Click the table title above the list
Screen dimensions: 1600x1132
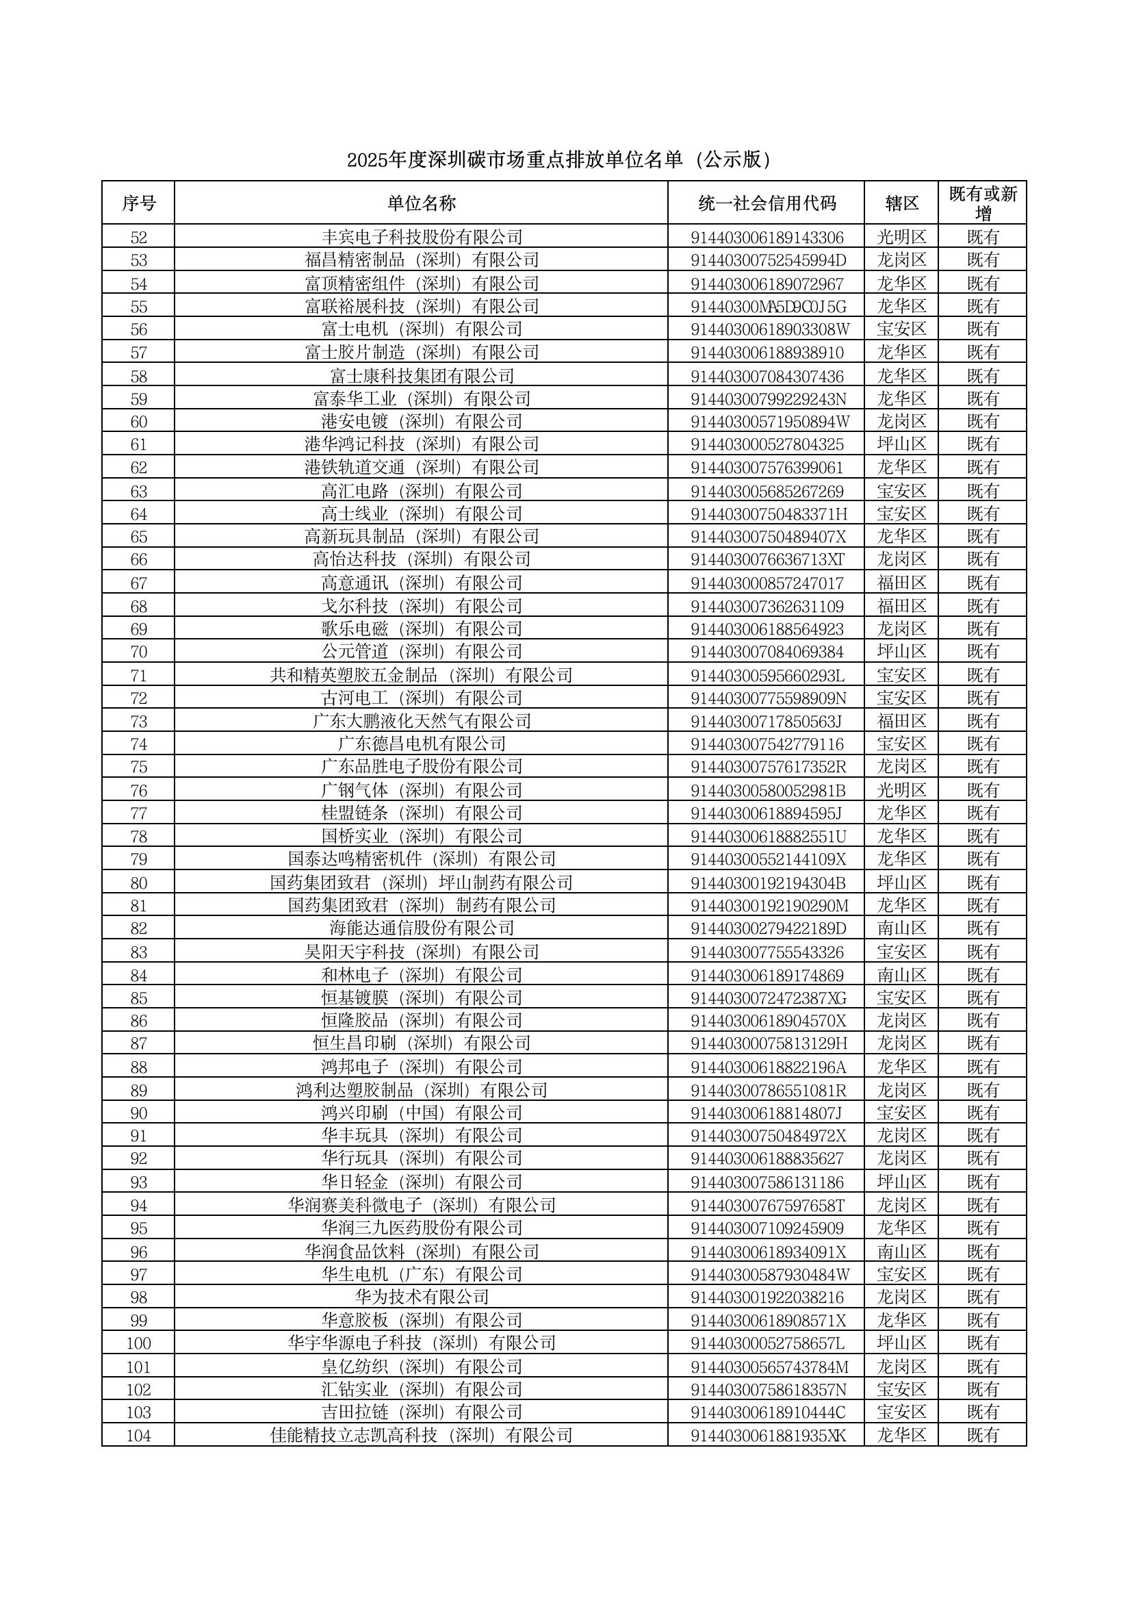[x=561, y=160]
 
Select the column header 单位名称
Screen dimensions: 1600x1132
[x=421, y=203]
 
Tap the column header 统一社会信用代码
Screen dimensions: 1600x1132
[x=766, y=203]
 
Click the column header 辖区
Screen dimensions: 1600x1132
[x=901, y=203]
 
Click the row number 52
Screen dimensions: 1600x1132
[x=139, y=237]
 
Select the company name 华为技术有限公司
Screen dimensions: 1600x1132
[x=421, y=1297]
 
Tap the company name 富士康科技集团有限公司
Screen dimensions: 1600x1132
[x=421, y=376]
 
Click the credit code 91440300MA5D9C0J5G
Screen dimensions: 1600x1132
[x=767, y=306]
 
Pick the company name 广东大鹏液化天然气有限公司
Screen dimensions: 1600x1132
[x=421, y=721]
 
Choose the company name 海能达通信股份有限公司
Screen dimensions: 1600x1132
[x=421, y=928]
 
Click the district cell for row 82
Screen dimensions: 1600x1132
[x=901, y=928]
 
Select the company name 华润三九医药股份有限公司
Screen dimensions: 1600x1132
[x=421, y=1228]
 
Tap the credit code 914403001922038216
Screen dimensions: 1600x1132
[x=767, y=1297]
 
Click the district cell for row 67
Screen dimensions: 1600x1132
[x=901, y=582]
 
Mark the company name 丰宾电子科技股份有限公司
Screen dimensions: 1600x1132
[x=421, y=237]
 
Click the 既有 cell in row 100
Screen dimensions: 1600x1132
[x=983, y=1343]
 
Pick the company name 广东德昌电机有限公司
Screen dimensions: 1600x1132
[x=421, y=744]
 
